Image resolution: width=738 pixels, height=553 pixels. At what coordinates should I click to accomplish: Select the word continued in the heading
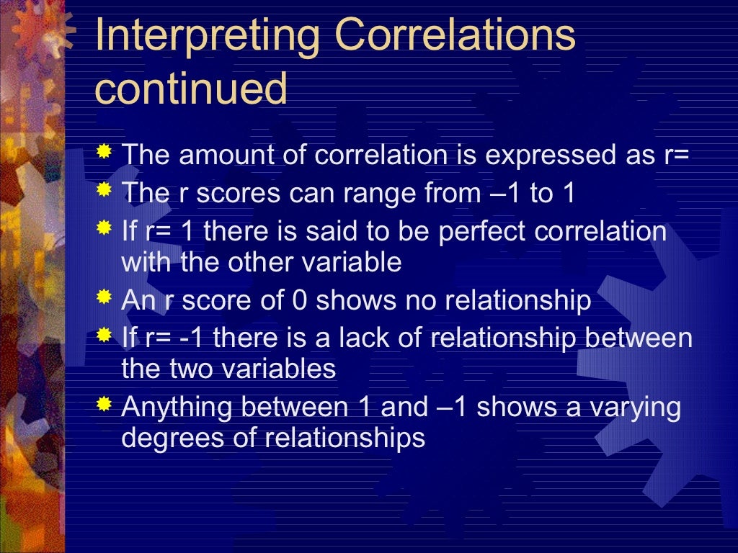click(x=191, y=89)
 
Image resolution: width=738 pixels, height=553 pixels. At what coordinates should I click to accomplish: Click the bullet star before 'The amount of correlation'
click(x=105, y=152)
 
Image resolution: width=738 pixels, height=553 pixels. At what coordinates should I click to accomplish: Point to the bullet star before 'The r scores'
click(x=105, y=190)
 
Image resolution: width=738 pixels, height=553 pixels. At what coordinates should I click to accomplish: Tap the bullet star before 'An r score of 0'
click(x=105, y=297)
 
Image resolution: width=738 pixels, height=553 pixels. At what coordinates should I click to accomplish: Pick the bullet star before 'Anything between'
click(x=105, y=405)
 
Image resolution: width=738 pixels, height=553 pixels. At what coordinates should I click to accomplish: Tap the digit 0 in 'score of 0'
click(x=299, y=300)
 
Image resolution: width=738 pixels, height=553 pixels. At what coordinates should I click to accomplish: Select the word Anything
click(x=179, y=408)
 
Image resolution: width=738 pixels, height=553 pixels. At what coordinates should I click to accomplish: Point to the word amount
click(x=217, y=155)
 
